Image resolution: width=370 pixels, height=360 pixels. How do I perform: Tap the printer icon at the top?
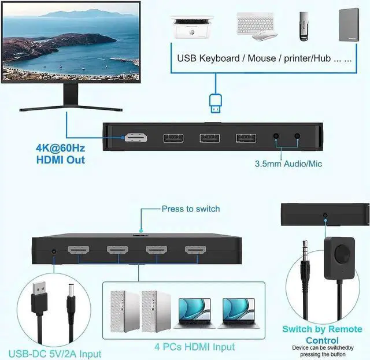click(191, 25)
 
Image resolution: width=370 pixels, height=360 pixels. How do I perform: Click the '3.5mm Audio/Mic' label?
click(288, 164)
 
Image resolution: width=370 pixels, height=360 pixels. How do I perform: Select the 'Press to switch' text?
click(191, 209)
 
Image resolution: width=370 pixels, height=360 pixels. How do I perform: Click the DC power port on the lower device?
click(54, 252)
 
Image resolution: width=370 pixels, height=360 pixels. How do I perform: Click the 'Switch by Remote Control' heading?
click(322, 335)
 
